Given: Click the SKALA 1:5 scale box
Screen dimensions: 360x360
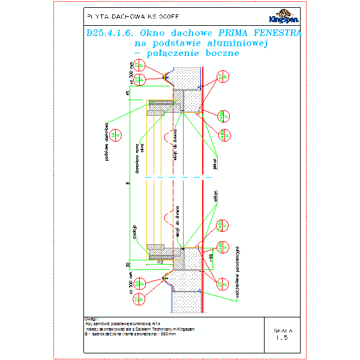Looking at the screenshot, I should [x=282, y=334].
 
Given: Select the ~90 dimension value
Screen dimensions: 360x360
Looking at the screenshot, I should [x=210, y=257].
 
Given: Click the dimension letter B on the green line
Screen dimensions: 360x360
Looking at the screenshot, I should [x=127, y=183].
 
